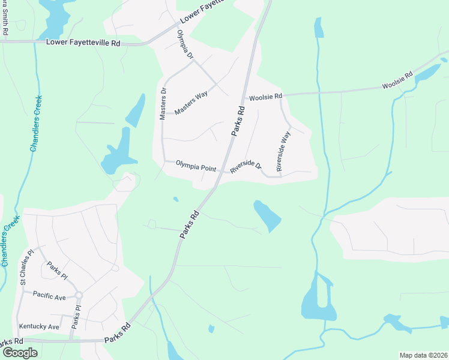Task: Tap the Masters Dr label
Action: coord(163,104)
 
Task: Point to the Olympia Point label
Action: coord(196,166)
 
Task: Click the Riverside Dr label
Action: coord(246,167)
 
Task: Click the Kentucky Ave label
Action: coord(39,326)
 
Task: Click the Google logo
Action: coord(19,353)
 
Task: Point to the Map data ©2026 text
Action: coord(423,355)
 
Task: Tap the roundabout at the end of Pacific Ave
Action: coord(79,295)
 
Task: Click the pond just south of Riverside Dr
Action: coord(267,216)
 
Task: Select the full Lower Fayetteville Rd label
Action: coord(83,43)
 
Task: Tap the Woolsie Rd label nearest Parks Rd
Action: coord(265,97)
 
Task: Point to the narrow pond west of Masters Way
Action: coord(135,110)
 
